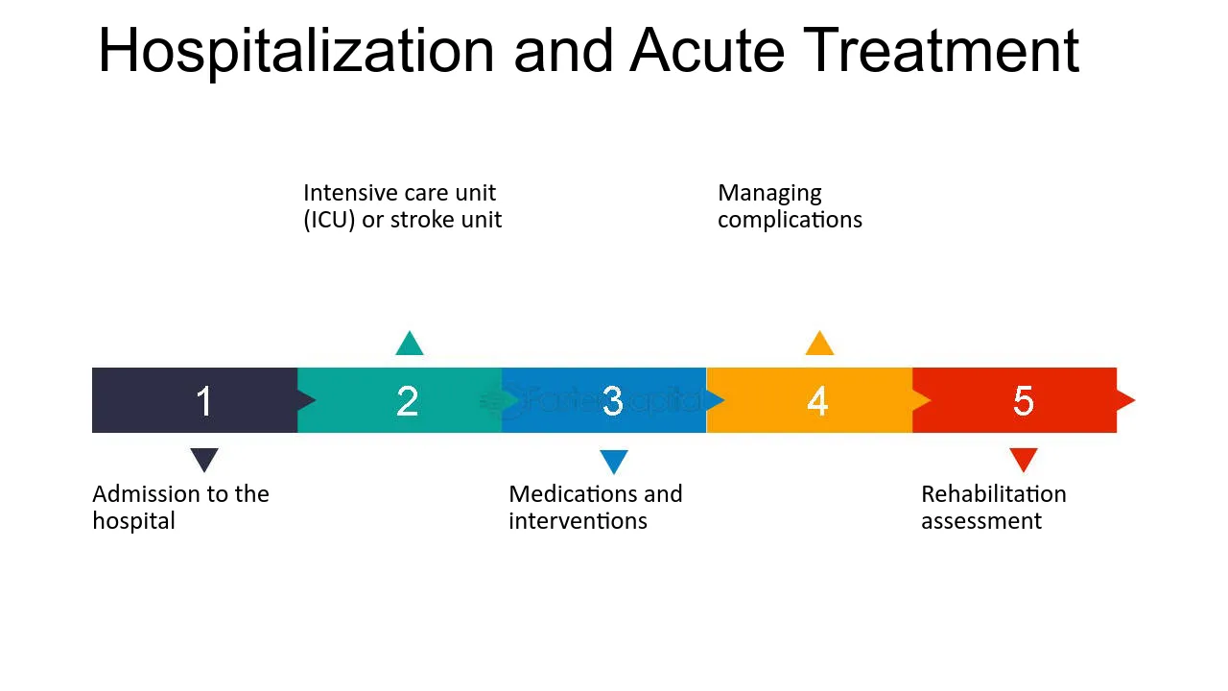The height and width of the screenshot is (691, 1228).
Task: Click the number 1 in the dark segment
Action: pos(204,401)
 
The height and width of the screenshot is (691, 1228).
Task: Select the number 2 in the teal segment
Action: pos(408,401)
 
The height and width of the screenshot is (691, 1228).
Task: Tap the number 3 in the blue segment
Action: pos(612,401)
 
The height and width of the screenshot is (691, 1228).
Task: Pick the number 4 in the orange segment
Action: pos(817,401)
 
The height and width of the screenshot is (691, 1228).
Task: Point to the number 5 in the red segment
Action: pos(1023,401)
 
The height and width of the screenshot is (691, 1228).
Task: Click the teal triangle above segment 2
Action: pos(410,344)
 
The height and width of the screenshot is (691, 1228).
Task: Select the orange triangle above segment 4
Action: pos(819,344)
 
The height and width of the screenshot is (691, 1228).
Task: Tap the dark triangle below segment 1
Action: pos(204,459)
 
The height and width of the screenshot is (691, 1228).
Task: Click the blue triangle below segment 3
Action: pos(614,462)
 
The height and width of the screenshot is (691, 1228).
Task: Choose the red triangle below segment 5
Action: pos(1024,459)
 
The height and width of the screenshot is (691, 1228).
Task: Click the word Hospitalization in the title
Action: pos(296,52)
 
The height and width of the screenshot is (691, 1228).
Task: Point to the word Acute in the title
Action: pos(707,51)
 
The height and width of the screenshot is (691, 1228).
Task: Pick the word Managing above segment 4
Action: pos(769,194)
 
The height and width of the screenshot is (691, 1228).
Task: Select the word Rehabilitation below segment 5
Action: pos(994,494)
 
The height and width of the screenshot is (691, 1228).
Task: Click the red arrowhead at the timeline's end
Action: pos(1126,400)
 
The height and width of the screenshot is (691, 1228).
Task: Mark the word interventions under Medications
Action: pos(579,521)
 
